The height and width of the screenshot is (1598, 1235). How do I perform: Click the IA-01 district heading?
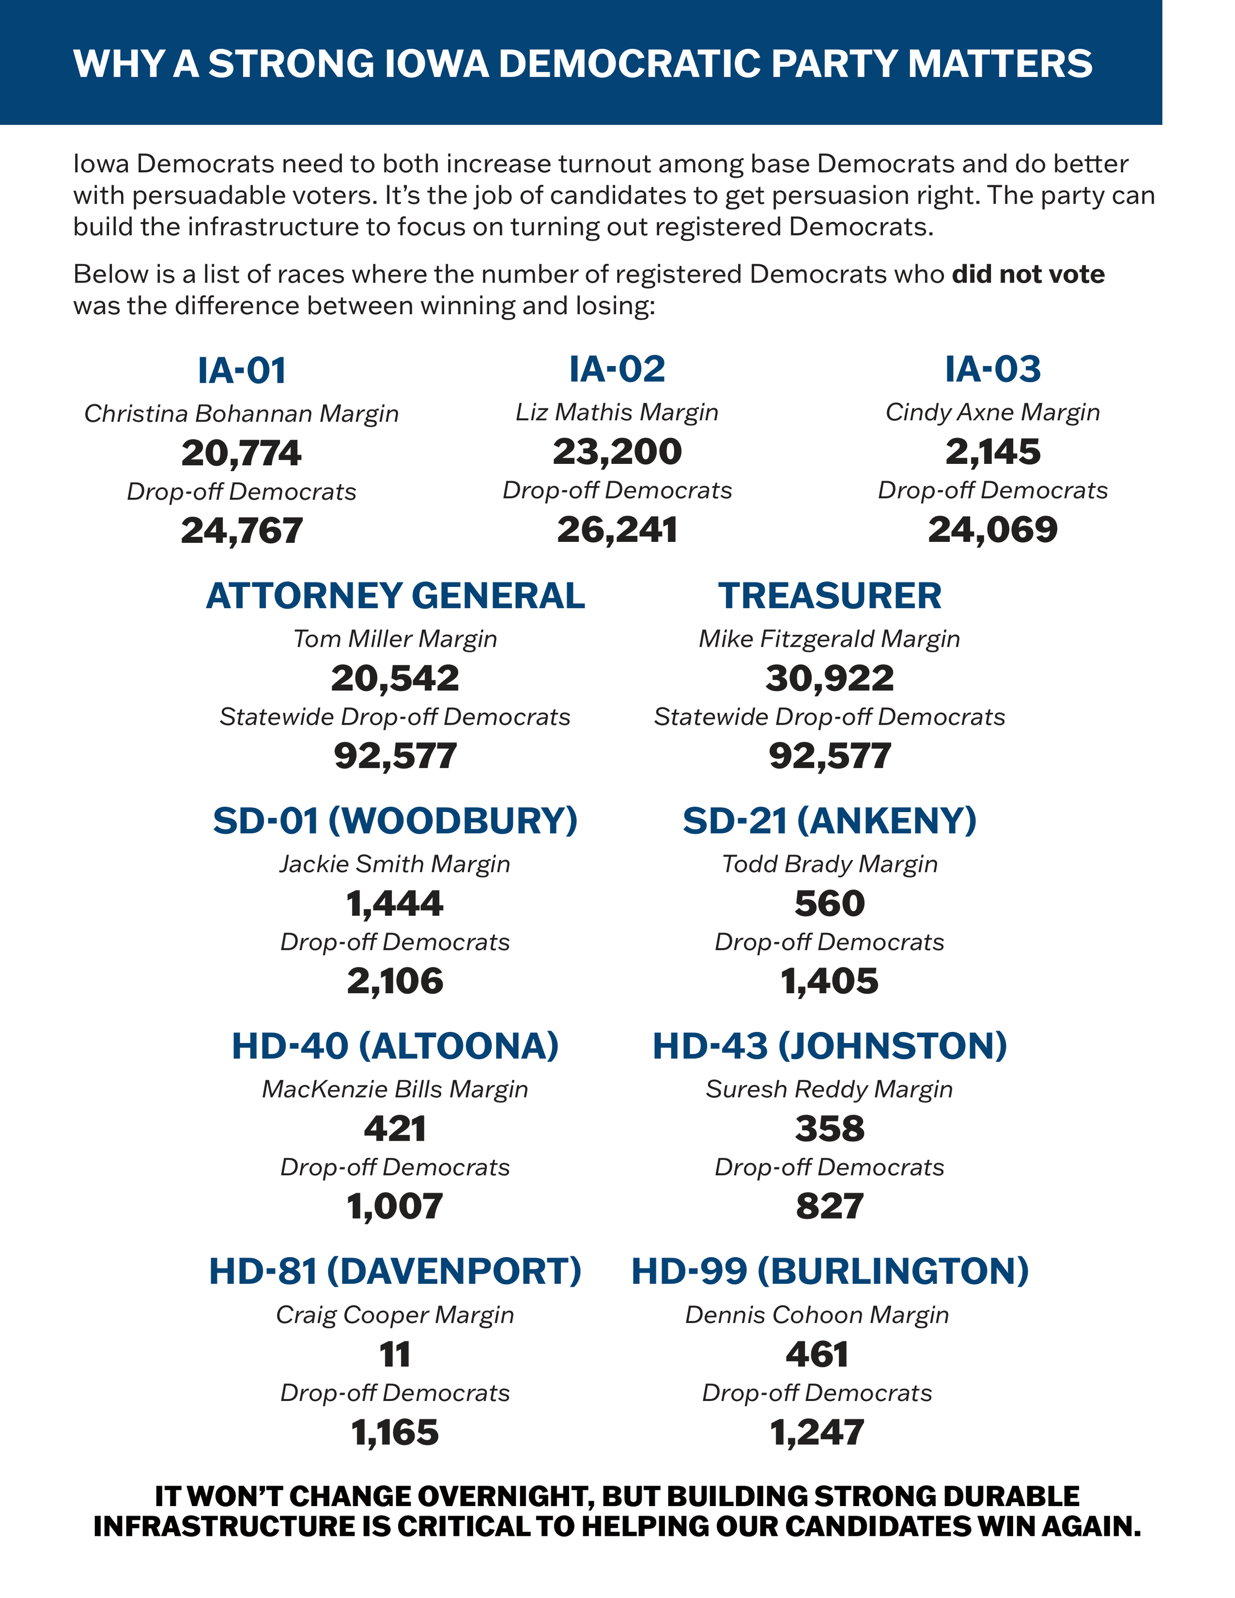pyautogui.click(x=242, y=370)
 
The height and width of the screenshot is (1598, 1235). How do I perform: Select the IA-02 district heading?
pyautogui.click(x=617, y=369)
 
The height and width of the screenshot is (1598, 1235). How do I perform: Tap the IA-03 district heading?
pyautogui.click(x=992, y=369)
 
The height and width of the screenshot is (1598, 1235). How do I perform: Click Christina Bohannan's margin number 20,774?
pyautogui.click(x=242, y=453)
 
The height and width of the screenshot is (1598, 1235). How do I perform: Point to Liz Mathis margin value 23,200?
pyautogui.click(x=617, y=451)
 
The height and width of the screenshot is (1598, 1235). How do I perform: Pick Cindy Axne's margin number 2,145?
pyautogui.click(x=992, y=451)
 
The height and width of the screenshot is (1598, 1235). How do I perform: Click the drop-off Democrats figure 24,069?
pyautogui.click(x=992, y=530)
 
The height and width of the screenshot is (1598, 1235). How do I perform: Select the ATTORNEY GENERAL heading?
pyautogui.click(x=395, y=596)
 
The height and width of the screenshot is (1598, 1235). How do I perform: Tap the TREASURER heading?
pyautogui.click(x=829, y=596)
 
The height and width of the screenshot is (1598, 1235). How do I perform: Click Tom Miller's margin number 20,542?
pyautogui.click(x=395, y=678)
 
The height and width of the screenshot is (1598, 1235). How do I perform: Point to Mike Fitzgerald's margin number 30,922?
pyautogui.click(x=829, y=678)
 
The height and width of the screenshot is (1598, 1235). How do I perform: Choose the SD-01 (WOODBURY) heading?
pyautogui.click(x=395, y=821)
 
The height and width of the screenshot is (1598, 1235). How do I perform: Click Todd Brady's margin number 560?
pyautogui.click(x=829, y=903)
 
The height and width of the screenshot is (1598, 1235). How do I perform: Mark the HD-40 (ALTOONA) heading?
pyautogui.click(x=395, y=1046)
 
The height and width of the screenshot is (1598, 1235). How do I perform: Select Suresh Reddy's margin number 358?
pyautogui.click(x=829, y=1129)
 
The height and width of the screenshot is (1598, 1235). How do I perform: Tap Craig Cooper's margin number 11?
pyautogui.click(x=395, y=1354)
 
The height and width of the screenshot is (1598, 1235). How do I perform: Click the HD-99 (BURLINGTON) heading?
pyautogui.click(x=829, y=1271)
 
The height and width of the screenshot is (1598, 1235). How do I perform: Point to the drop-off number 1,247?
pyautogui.click(x=817, y=1433)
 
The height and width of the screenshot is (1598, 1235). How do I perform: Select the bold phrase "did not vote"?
pyautogui.click(x=1028, y=274)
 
